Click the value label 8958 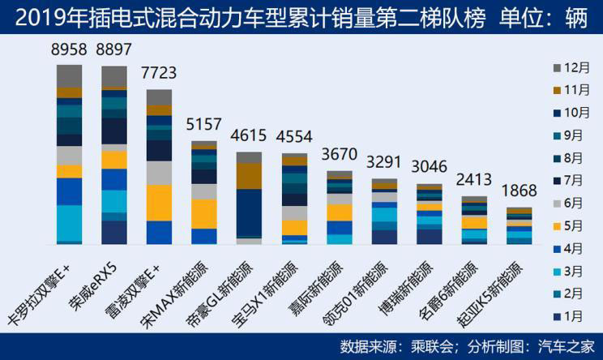[x=69, y=50]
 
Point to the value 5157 [x=203, y=126]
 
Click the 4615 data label [x=248, y=135]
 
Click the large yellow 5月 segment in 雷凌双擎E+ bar [x=159, y=202]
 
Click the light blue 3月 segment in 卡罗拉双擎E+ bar [x=69, y=222]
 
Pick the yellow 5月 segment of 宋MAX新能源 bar [x=203, y=213]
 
